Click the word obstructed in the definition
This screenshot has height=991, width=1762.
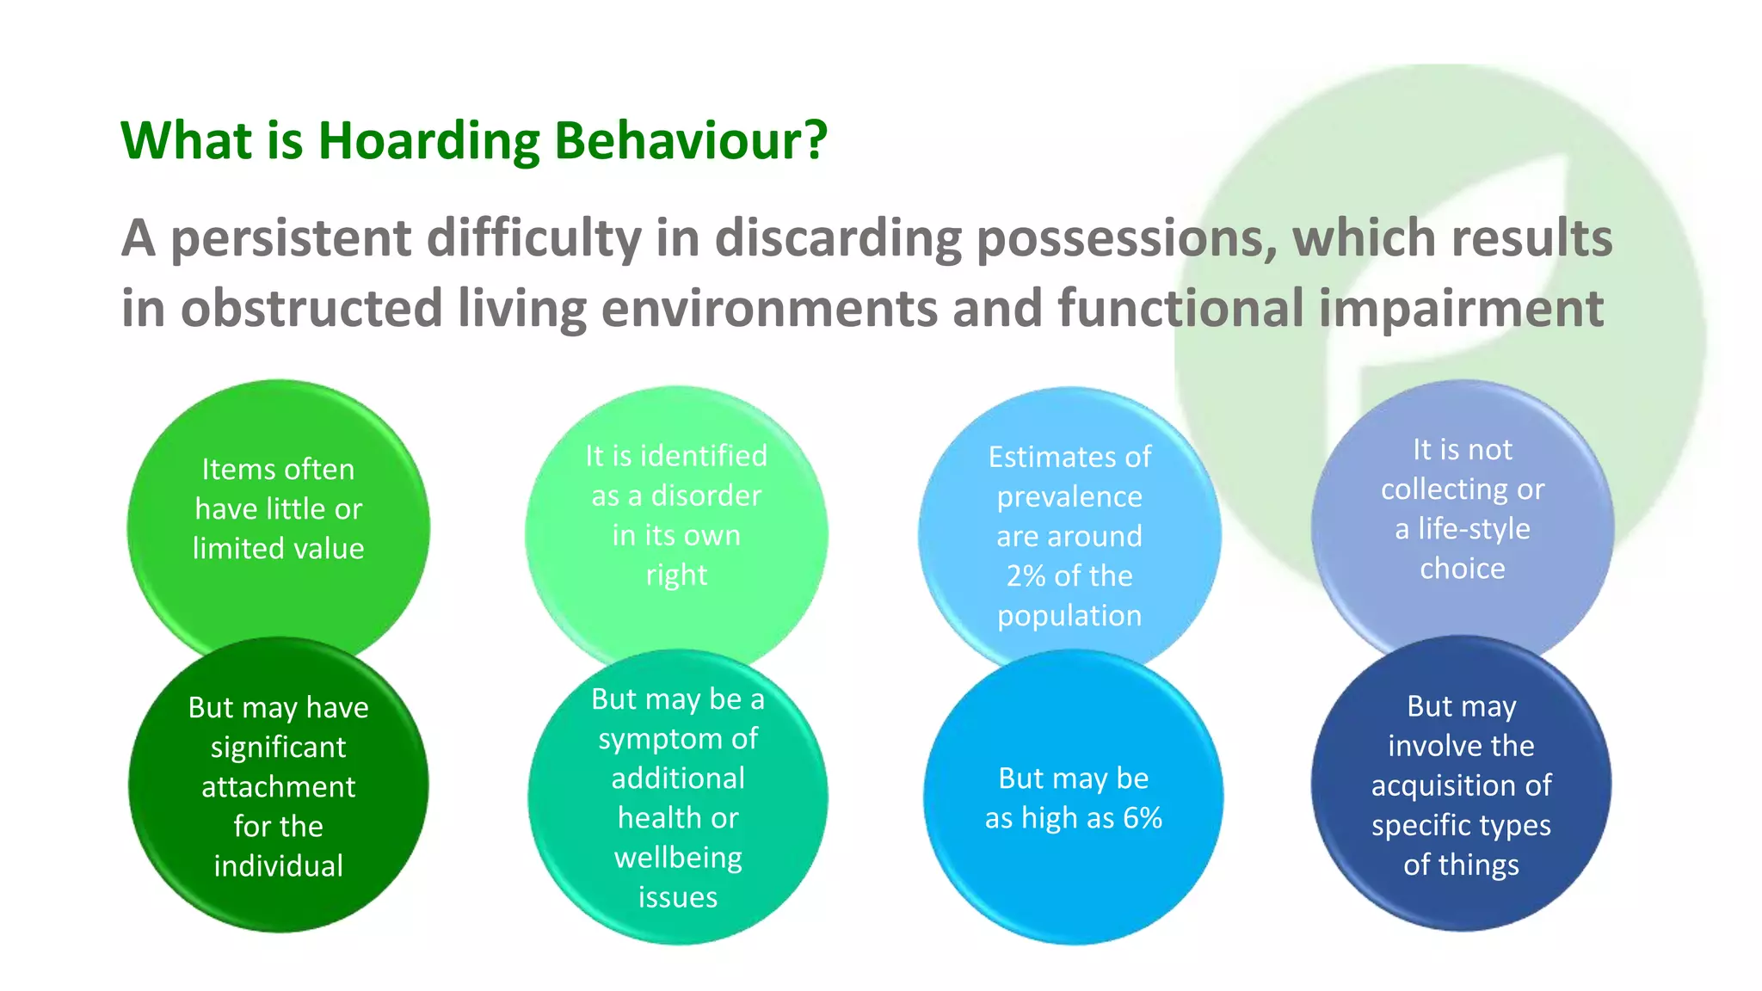(x=311, y=309)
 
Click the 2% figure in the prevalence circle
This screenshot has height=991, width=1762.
(x=1026, y=576)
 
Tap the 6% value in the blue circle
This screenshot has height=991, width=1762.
(x=1143, y=817)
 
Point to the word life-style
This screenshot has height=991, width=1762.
(x=1473, y=528)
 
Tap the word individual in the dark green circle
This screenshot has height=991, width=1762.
(x=278, y=865)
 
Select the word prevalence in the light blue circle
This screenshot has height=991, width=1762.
(x=1069, y=496)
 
